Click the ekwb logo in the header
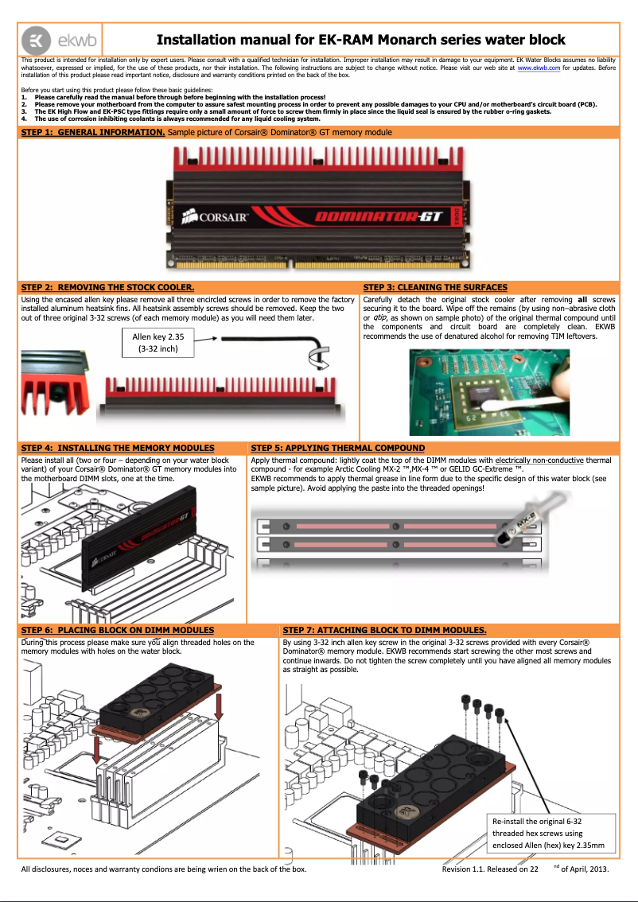pos(49,40)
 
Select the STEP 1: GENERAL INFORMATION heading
pos(92,132)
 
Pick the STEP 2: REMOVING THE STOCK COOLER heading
pos(107,287)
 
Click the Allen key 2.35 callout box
pos(158,342)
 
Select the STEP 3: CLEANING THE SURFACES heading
pos(434,287)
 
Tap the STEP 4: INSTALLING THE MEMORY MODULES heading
pos(117,449)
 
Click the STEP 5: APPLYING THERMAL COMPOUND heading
pos(337,449)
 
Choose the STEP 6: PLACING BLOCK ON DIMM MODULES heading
pos(117,630)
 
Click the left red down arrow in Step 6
pos(98,748)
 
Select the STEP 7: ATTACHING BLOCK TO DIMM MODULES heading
pos(384,630)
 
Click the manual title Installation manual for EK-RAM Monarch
pos(360,40)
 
